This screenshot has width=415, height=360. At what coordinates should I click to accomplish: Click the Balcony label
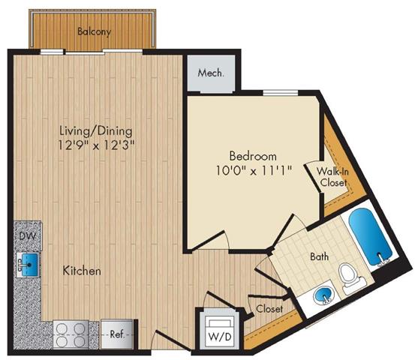click(94, 31)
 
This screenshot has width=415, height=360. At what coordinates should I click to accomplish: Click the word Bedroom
click(248, 156)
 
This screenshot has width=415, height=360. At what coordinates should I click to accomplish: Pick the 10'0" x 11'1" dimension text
click(248, 170)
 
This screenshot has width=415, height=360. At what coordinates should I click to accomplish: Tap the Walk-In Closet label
click(331, 177)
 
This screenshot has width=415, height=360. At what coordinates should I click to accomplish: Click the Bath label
click(320, 256)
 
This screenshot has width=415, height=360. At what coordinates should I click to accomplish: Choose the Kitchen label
click(81, 270)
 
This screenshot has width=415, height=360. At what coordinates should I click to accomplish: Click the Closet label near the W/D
click(268, 308)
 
